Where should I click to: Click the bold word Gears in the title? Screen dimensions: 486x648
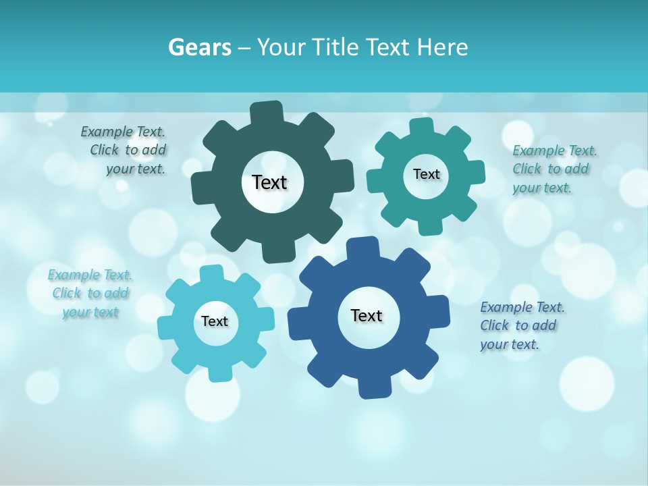click(200, 47)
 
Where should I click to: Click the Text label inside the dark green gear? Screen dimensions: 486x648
click(269, 182)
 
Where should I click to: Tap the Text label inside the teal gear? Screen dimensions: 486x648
click(426, 174)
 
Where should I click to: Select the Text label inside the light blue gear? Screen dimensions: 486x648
click(215, 321)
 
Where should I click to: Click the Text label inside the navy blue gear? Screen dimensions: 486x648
click(367, 315)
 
